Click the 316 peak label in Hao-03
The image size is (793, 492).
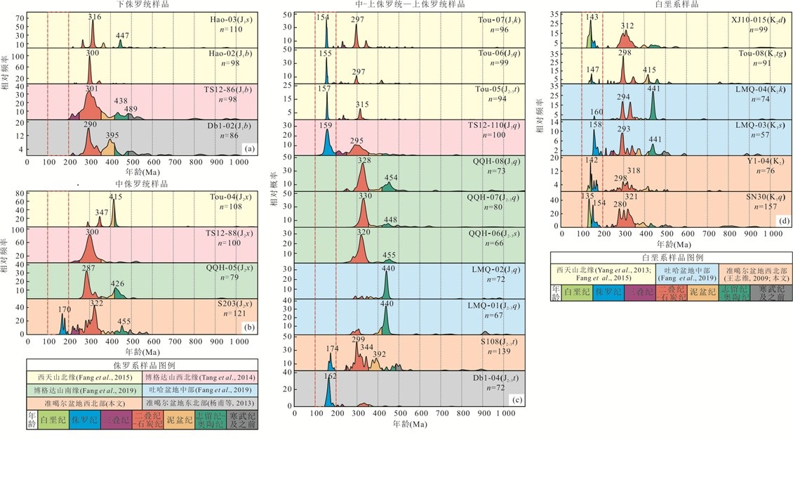95,15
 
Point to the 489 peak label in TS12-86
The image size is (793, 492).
131,108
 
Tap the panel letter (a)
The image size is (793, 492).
248,148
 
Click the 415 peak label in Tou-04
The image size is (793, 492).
116,197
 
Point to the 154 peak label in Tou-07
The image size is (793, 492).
324,17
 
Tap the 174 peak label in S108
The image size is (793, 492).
332,349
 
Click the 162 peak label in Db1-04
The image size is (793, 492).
331,376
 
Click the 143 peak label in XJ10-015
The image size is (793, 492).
592,16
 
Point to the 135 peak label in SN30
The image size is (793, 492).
588,197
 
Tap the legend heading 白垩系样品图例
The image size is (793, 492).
672,258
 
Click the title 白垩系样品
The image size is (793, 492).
672,4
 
